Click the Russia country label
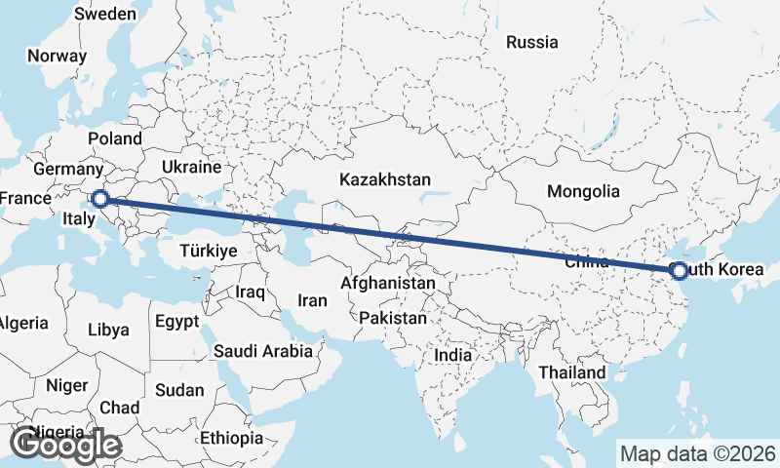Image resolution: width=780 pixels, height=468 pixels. click(532, 42)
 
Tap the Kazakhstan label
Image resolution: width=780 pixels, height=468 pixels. click(385, 179)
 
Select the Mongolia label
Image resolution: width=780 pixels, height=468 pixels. click(583, 191)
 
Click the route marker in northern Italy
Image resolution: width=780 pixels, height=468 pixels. click(99, 199)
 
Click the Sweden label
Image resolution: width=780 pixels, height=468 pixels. click(105, 14)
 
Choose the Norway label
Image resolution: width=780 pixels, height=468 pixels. click(57, 56)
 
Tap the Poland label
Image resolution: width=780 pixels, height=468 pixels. click(115, 138)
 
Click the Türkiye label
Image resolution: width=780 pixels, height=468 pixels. click(209, 251)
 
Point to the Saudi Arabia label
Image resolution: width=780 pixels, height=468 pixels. click(263, 351)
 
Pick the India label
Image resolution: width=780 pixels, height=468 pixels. click(452, 355)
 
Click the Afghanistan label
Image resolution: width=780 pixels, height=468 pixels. click(387, 283)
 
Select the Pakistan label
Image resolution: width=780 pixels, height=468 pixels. click(393, 318)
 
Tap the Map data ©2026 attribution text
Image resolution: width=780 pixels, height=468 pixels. click(698, 453)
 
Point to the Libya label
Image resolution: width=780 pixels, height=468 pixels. click(107, 330)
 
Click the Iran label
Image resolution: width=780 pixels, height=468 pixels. click(312, 300)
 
